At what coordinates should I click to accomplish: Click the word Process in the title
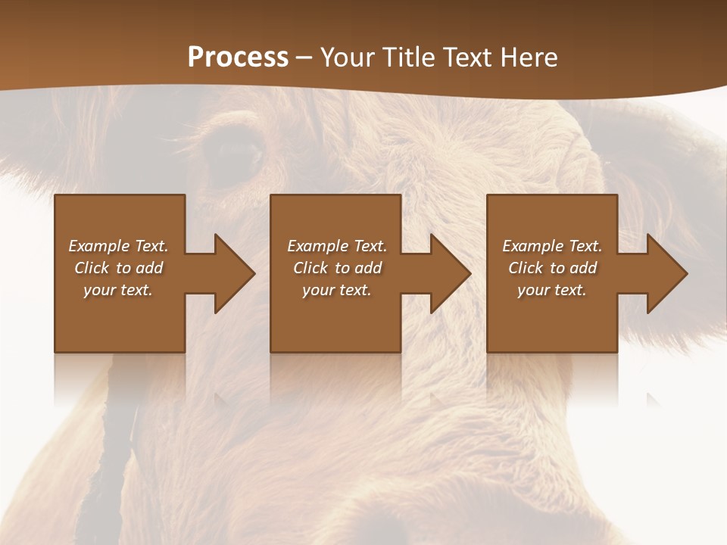(x=238, y=58)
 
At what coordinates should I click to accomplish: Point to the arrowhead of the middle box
(x=449, y=273)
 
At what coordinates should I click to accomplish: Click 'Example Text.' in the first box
(x=118, y=246)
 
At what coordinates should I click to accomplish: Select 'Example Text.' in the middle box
(x=336, y=246)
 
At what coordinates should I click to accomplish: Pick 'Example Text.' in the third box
(x=552, y=246)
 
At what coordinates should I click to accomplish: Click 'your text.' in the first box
(x=118, y=290)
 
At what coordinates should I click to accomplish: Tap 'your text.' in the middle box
(x=336, y=290)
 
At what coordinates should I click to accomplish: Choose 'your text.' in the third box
(x=552, y=290)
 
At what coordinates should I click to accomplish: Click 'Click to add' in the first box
(x=118, y=268)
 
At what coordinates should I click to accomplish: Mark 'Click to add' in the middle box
(x=336, y=268)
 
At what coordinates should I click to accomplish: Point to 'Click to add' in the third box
(x=552, y=268)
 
